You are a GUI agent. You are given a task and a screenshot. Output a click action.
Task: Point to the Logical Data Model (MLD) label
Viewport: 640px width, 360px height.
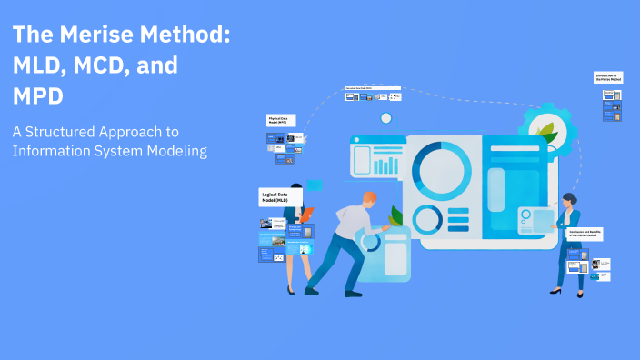tap(280, 197)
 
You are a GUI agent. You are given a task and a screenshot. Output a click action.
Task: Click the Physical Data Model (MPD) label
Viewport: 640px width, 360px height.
tap(284, 120)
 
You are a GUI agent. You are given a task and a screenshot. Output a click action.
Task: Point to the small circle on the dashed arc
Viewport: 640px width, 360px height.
tap(386, 118)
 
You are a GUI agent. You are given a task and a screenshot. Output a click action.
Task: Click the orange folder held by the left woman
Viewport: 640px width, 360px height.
tap(307, 215)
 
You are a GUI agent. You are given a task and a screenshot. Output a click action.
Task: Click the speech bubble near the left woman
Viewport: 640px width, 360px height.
tap(315, 185)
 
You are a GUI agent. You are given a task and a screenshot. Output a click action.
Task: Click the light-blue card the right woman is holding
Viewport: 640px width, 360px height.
tap(536, 219)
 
